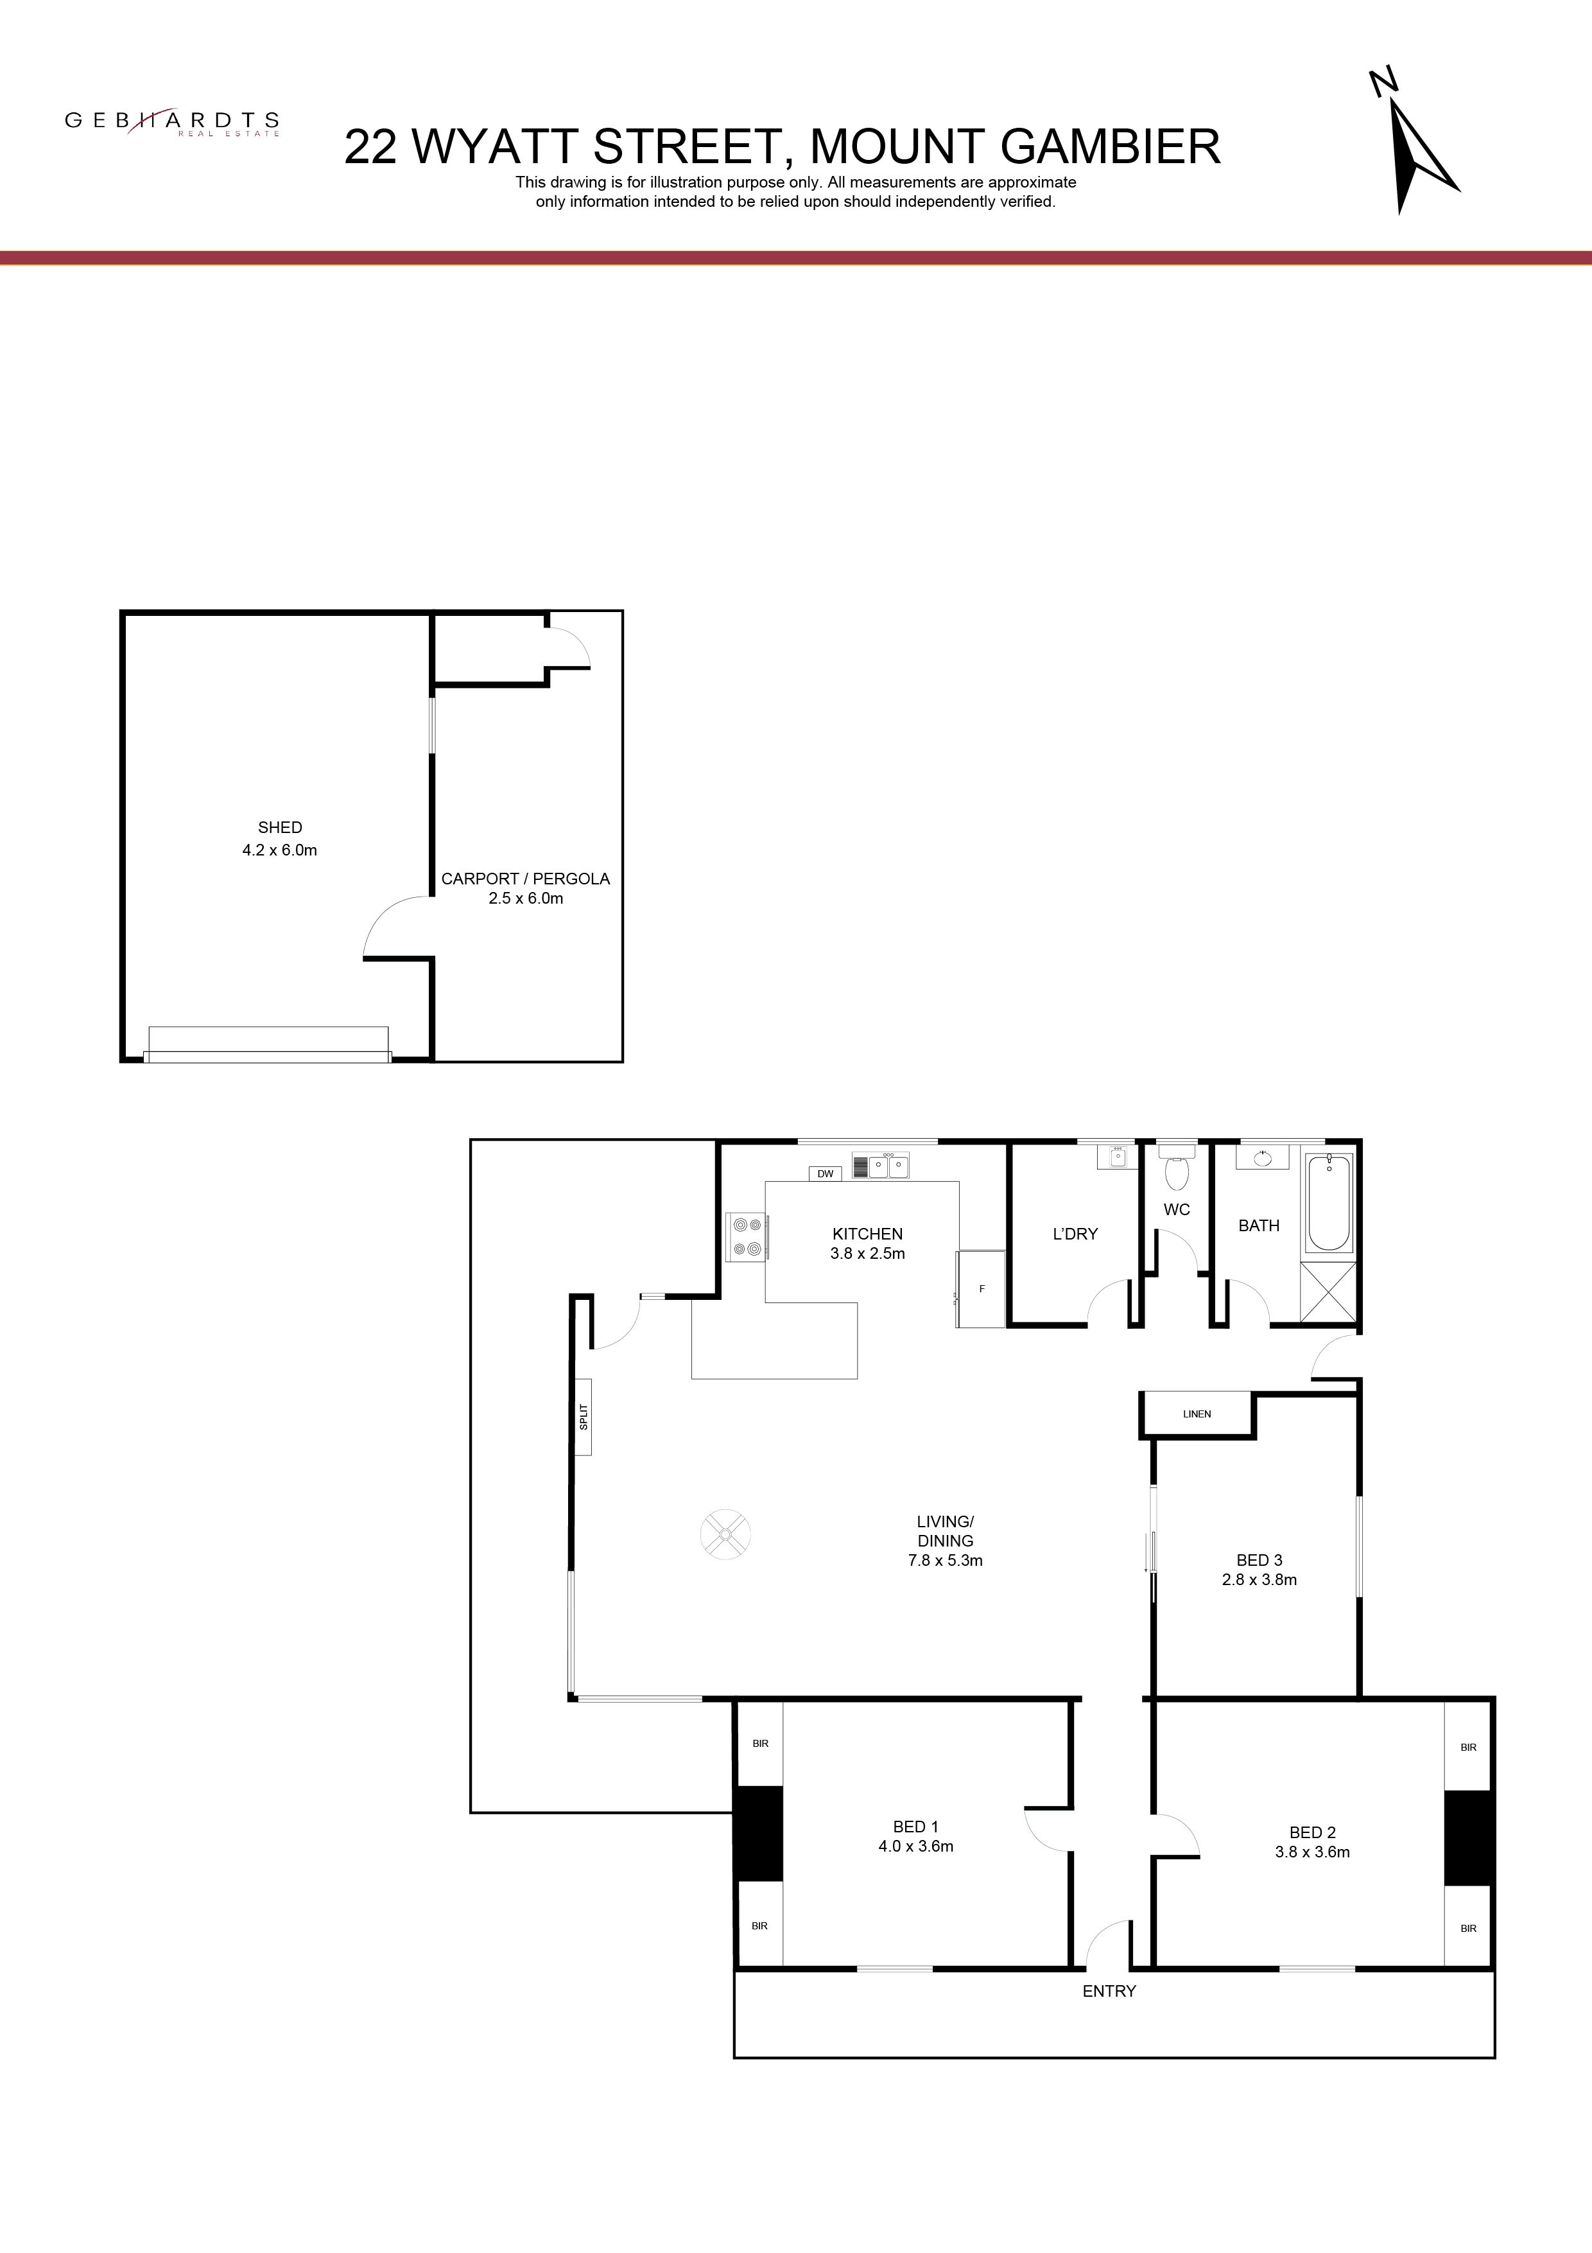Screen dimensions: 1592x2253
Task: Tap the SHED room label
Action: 279,827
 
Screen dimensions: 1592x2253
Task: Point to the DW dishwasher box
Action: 825,1173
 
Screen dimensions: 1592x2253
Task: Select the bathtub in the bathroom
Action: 1329,1202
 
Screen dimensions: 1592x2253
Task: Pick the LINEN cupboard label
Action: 1197,1414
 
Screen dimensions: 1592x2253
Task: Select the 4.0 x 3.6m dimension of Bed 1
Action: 916,1846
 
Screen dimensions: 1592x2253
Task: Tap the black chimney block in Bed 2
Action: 1468,1838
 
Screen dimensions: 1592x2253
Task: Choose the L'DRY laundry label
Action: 1075,1234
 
